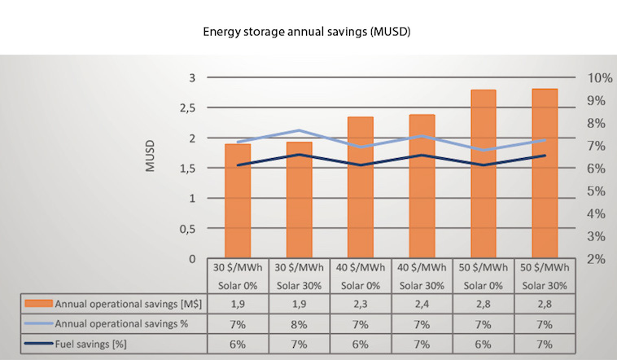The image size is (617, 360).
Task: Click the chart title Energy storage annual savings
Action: coord(308,33)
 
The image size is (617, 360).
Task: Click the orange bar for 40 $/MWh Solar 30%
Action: coord(421,187)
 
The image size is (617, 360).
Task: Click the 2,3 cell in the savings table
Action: coord(360,304)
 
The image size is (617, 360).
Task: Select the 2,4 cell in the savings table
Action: coord(422,304)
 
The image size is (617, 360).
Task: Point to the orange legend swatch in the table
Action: coord(39,304)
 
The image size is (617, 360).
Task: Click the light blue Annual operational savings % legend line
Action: coord(39,323)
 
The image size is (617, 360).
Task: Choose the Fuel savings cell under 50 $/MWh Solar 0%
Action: coord(484,344)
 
